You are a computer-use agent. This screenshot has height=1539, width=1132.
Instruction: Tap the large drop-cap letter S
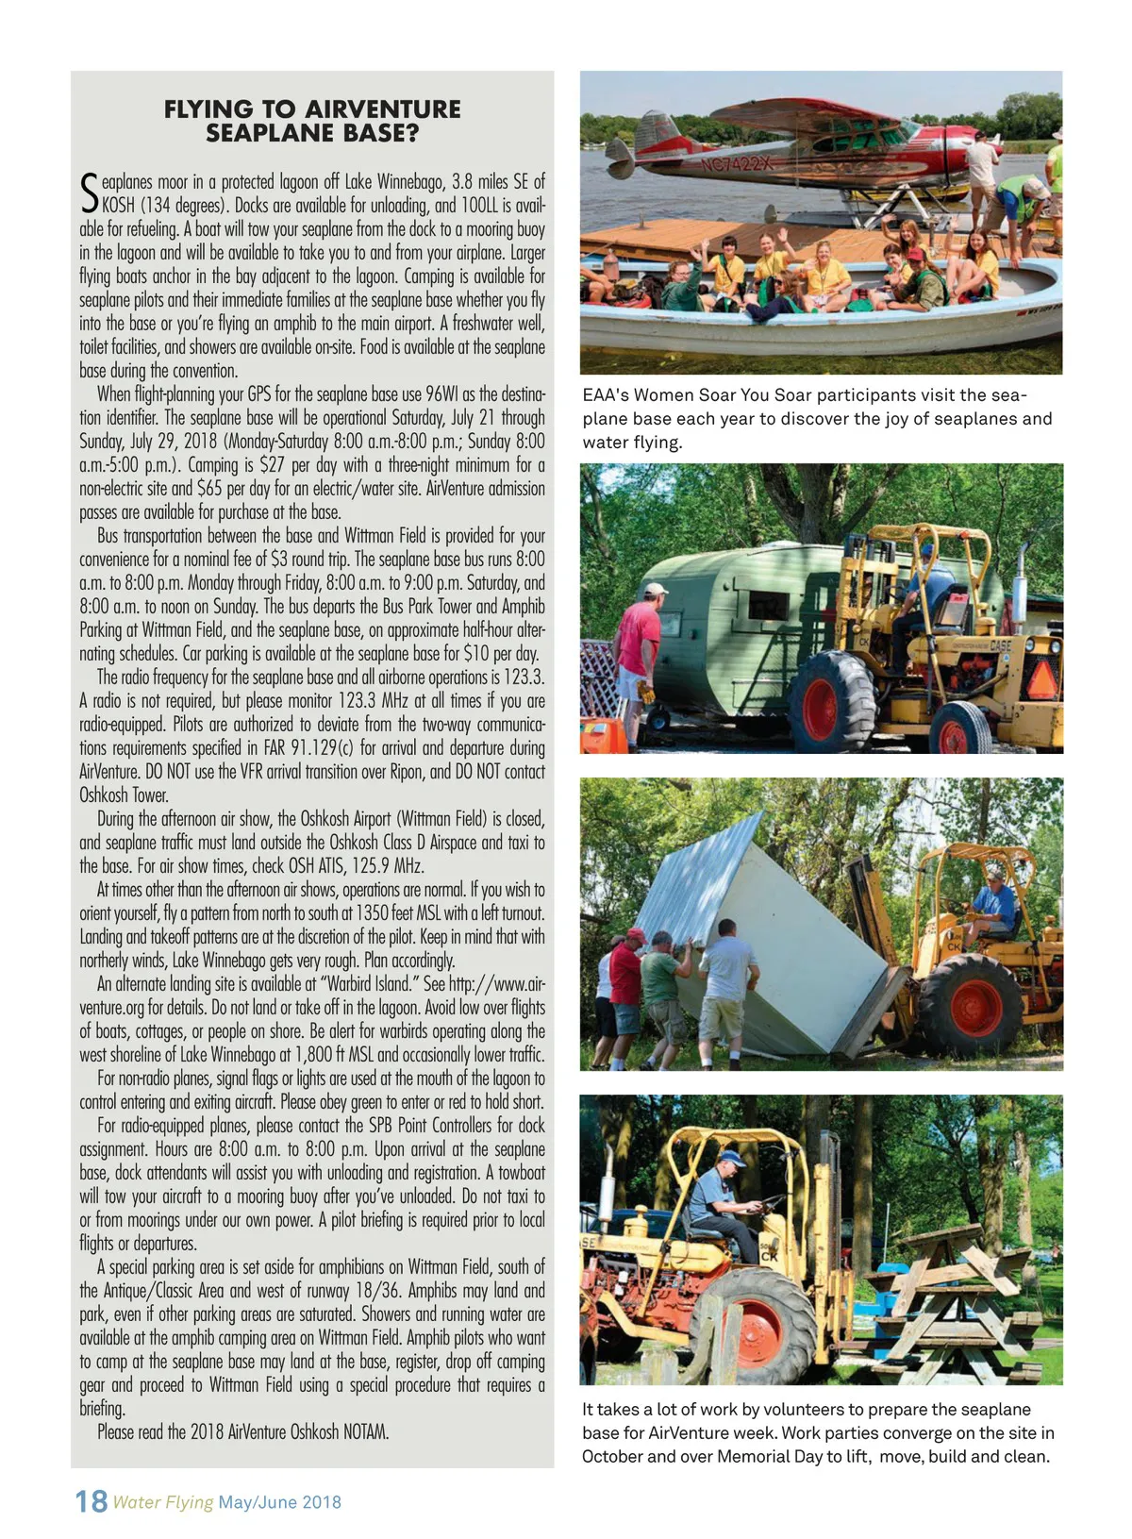(x=89, y=192)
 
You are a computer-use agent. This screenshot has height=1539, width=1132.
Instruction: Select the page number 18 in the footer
(x=92, y=1501)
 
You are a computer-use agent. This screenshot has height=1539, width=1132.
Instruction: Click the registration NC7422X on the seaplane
(x=737, y=164)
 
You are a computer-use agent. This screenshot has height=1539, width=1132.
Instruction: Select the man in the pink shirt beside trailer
(x=639, y=651)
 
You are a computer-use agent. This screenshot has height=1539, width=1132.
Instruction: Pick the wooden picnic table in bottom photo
(x=953, y=1297)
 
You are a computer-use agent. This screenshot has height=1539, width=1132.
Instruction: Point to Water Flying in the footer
(x=162, y=1502)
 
